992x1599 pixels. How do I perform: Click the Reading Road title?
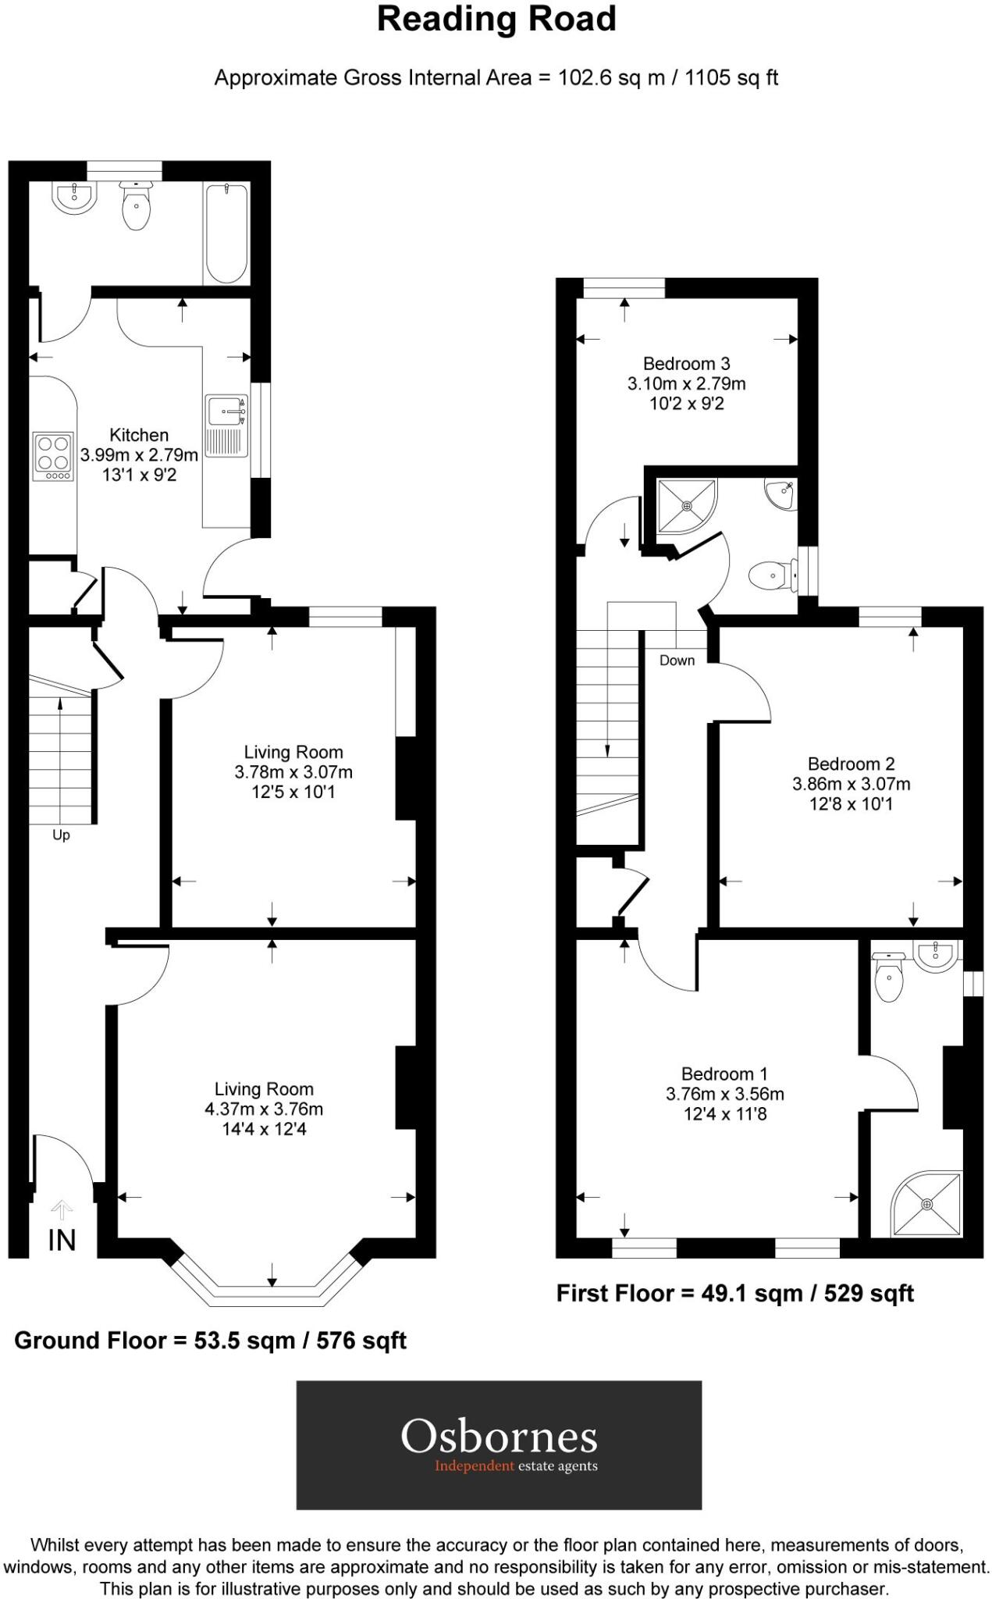pyautogui.click(x=496, y=20)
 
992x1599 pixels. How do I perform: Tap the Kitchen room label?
pyautogui.click(x=139, y=435)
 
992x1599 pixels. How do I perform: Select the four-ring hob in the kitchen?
pyautogui.click(x=53, y=456)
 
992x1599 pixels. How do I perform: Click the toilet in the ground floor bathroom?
pyautogui.click(x=137, y=207)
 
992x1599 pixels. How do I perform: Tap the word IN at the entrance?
pyautogui.click(x=62, y=1241)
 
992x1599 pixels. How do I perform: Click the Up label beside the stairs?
pyautogui.click(x=61, y=835)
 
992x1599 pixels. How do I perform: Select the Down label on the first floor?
pyautogui.click(x=677, y=661)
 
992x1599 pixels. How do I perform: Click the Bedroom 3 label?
pyautogui.click(x=686, y=363)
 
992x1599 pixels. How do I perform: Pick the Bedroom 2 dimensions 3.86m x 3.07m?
pyautogui.click(x=851, y=784)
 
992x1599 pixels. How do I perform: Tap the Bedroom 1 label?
pyautogui.click(x=724, y=1074)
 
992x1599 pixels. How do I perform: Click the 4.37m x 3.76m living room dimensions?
pyautogui.click(x=264, y=1109)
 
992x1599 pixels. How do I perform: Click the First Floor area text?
pyautogui.click(x=734, y=1294)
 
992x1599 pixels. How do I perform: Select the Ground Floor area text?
pyautogui.click(x=211, y=1341)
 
